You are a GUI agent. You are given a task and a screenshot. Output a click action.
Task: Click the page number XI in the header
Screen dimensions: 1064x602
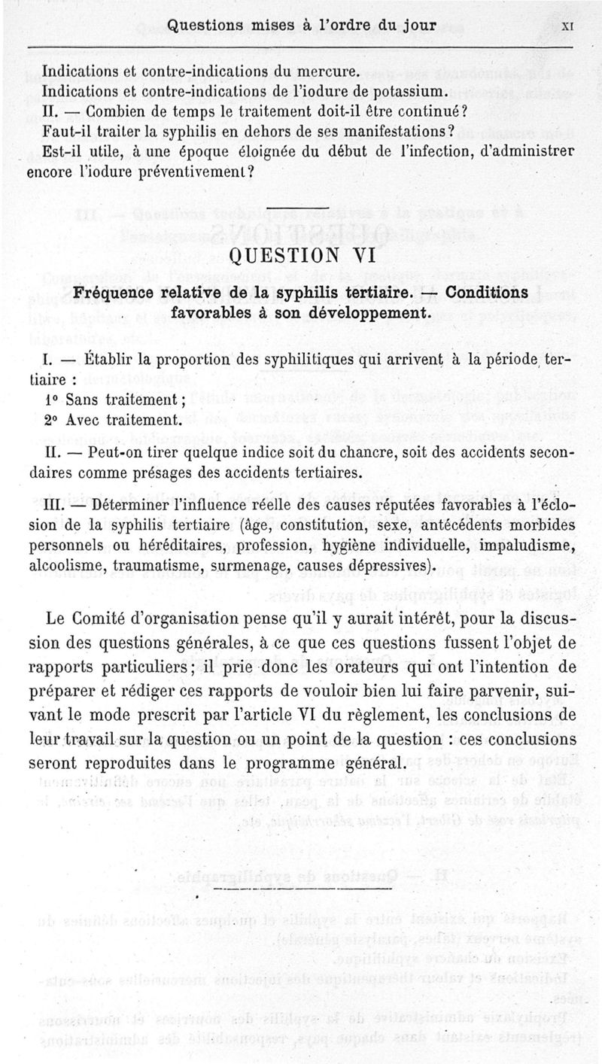pyautogui.click(x=569, y=26)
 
